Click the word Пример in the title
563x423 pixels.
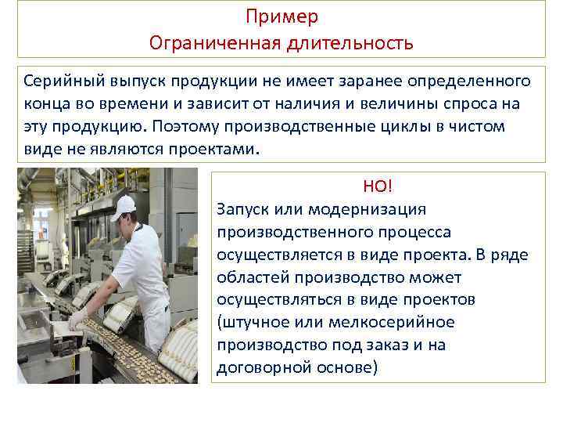tap(281, 16)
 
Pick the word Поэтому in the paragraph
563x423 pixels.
tap(182, 127)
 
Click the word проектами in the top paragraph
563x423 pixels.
tap(221, 150)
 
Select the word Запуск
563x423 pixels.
tap(244, 209)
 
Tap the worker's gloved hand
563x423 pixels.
tap(77, 320)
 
